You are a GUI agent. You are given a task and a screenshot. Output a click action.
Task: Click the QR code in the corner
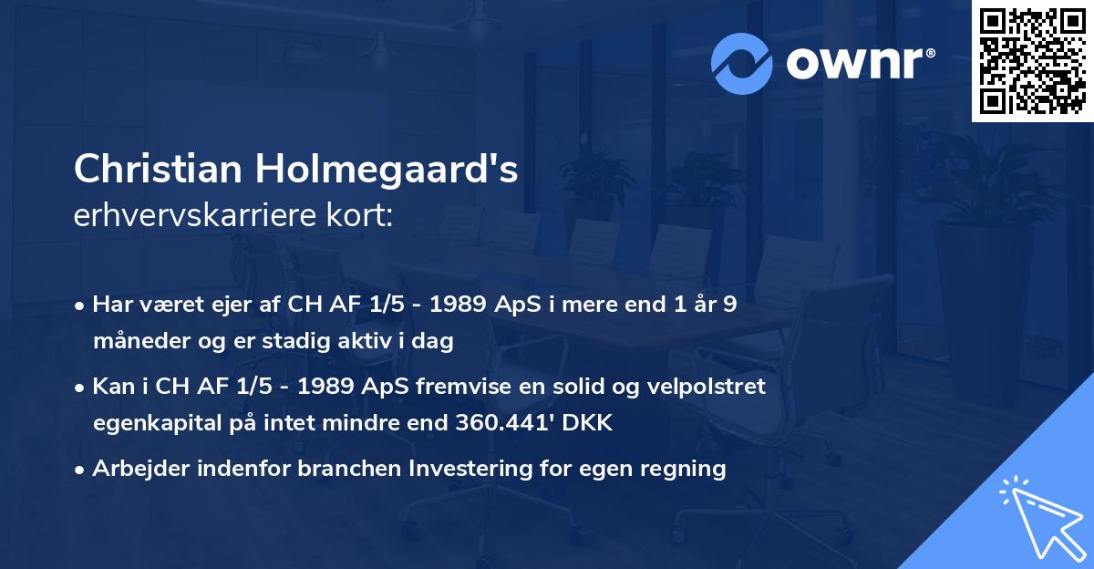1031,61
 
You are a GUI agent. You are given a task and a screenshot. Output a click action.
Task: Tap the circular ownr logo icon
742,63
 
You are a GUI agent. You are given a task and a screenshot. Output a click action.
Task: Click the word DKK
592,423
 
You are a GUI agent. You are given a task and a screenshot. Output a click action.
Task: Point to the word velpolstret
706,386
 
